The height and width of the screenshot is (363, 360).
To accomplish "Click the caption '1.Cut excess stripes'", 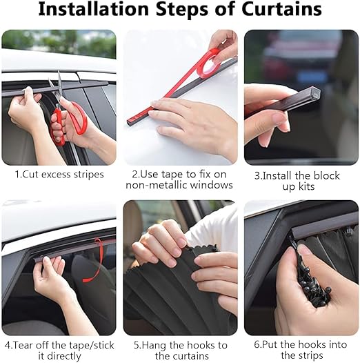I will (59, 175).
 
